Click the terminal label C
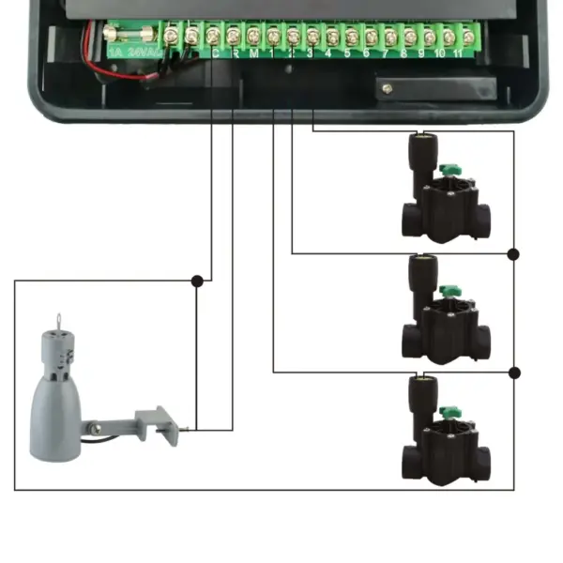point(215,53)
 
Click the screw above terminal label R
point(233,37)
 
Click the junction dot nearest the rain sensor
point(196,280)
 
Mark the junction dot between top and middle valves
point(513,253)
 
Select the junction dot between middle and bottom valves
point(513,373)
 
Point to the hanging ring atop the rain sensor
point(60,320)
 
